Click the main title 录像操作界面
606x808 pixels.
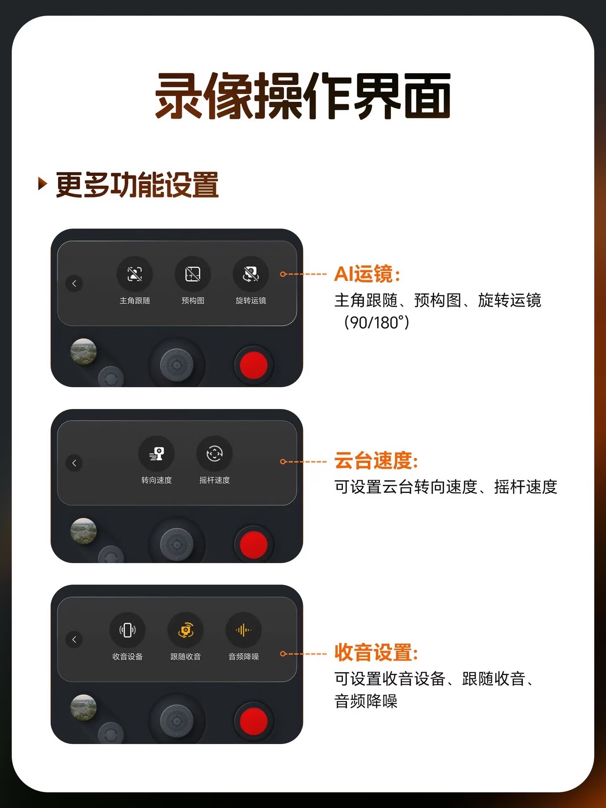[303, 96]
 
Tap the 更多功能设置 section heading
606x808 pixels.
[137, 185]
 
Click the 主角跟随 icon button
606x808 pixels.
[135, 274]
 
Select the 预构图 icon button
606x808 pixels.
[193, 274]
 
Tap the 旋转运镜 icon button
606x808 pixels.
[251, 274]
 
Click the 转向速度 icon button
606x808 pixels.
[157, 454]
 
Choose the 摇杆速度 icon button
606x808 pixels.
[215, 454]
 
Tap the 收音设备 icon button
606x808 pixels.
[128, 630]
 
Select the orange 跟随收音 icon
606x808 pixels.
[186, 630]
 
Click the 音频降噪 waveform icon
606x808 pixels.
[244, 630]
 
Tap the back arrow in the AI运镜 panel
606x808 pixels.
[74, 283]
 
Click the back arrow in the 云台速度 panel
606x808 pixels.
[74, 463]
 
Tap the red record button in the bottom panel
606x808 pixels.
[253, 720]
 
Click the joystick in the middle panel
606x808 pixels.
[177, 545]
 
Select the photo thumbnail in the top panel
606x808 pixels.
[83, 351]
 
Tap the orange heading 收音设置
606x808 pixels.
[376, 652]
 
